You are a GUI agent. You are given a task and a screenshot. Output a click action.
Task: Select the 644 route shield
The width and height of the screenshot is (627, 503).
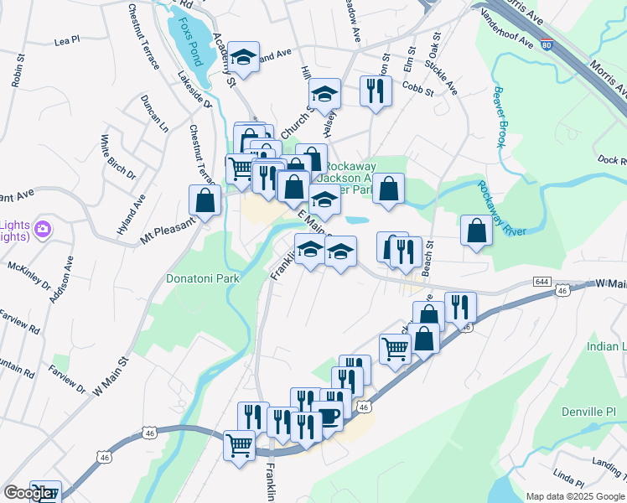click(542, 282)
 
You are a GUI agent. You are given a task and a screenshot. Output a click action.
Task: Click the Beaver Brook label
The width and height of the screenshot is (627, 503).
click(500, 117)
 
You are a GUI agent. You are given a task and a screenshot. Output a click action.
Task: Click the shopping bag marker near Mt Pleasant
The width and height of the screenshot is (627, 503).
click(206, 200)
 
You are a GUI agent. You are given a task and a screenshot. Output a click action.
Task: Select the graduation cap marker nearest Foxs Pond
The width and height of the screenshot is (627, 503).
click(244, 57)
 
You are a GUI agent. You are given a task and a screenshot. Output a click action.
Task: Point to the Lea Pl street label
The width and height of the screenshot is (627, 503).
click(66, 39)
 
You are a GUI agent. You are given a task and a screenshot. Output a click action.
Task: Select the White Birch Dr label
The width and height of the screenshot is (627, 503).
click(117, 157)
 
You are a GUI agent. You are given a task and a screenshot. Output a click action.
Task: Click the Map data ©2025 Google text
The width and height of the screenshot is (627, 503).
click(575, 496)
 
